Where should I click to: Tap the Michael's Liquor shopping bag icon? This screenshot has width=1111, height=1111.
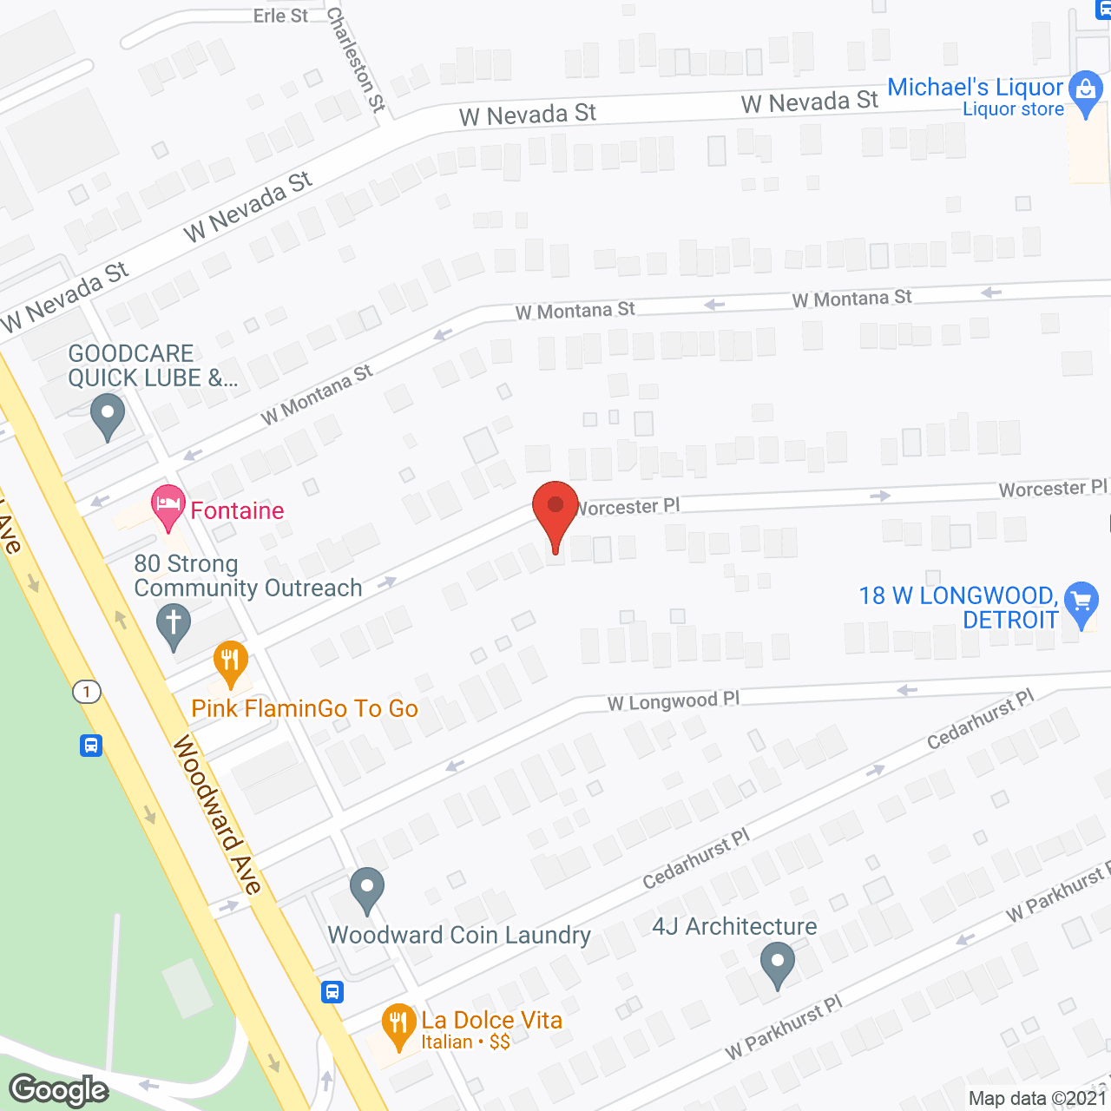[x=1085, y=91]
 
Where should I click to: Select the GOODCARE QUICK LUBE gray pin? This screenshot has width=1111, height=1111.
[x=108, y=414]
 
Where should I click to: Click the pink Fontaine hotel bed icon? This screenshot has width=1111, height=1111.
[x=168, y=505]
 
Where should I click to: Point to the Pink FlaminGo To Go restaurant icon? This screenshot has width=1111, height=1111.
[x=230, y=661]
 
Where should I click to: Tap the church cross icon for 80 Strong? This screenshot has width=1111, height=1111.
[x=174, y=624]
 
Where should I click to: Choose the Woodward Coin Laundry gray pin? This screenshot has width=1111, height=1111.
[x=367, y=889]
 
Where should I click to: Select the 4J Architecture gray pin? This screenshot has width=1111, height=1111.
[x=777, y=963]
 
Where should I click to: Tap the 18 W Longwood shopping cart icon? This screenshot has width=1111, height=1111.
[x=1081, y=602]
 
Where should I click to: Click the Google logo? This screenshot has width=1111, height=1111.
[x=59, y=1090]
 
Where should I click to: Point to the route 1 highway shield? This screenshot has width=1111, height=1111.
[x=87, y=692]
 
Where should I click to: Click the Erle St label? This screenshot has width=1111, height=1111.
[x=280, y=16]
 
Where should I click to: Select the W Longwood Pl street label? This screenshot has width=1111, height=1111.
[x=674, y=701]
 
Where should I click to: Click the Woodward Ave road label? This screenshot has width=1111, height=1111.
[x=217, y=814]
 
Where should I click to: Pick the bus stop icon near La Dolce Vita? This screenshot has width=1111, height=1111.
[x=332, y=992]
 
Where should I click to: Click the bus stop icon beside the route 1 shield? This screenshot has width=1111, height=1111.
[x=91, y=746]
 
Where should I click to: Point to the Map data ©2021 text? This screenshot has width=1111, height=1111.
[x=1037, y=1098]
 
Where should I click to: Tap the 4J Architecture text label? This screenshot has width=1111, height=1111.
[x=734, y=927]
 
